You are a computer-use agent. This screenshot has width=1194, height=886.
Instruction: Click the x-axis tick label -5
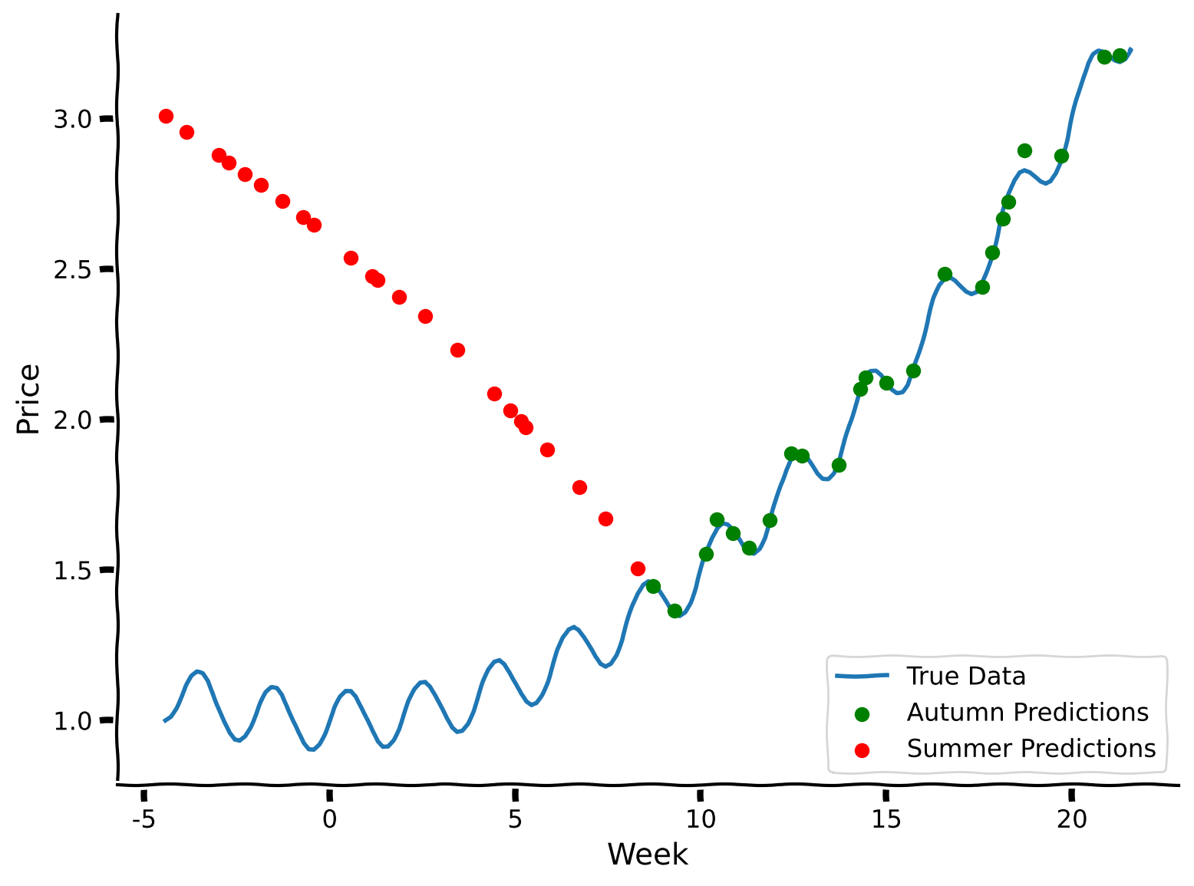[x=143, y=820]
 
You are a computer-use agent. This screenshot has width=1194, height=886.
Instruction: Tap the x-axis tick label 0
[x=329, y=820]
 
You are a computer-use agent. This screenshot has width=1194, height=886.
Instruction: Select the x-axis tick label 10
[x=700, y=820]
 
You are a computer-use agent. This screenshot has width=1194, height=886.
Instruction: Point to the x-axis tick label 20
[x=1071, y=820]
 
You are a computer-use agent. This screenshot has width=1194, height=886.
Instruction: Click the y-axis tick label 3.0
[x=72, y=119]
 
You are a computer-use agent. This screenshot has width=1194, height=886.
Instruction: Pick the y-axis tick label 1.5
[x=72, y=570]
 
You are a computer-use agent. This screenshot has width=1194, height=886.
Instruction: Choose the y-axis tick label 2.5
[x=72, y=269]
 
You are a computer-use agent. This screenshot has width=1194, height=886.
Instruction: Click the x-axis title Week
[x=648, y=855]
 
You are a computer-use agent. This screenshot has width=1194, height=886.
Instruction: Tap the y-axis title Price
[x=28, y=399]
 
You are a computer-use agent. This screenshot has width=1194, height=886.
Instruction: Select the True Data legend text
[x=965, y=676]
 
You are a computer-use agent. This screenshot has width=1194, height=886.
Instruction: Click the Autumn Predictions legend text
[x=1027, y=712]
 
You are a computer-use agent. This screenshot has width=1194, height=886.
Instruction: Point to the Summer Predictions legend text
[x=1031, y=748]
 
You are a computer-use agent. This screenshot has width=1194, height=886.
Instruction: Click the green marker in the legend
[x=862, y=713]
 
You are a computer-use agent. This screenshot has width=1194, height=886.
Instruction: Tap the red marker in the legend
[x=862, y=749]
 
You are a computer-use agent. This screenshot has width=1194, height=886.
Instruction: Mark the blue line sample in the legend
[x=862, y=676]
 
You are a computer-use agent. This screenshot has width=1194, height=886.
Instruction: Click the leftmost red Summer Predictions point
[x=166, y=116]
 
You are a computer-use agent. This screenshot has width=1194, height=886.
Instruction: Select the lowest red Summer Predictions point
[x=638, y=568]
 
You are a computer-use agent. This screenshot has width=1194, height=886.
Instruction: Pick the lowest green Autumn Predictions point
[x=675, y=611]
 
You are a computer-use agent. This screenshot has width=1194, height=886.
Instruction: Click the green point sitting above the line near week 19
[x=1024, y=150]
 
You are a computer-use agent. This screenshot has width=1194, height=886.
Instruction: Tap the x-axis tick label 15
[x=886, y=820]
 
